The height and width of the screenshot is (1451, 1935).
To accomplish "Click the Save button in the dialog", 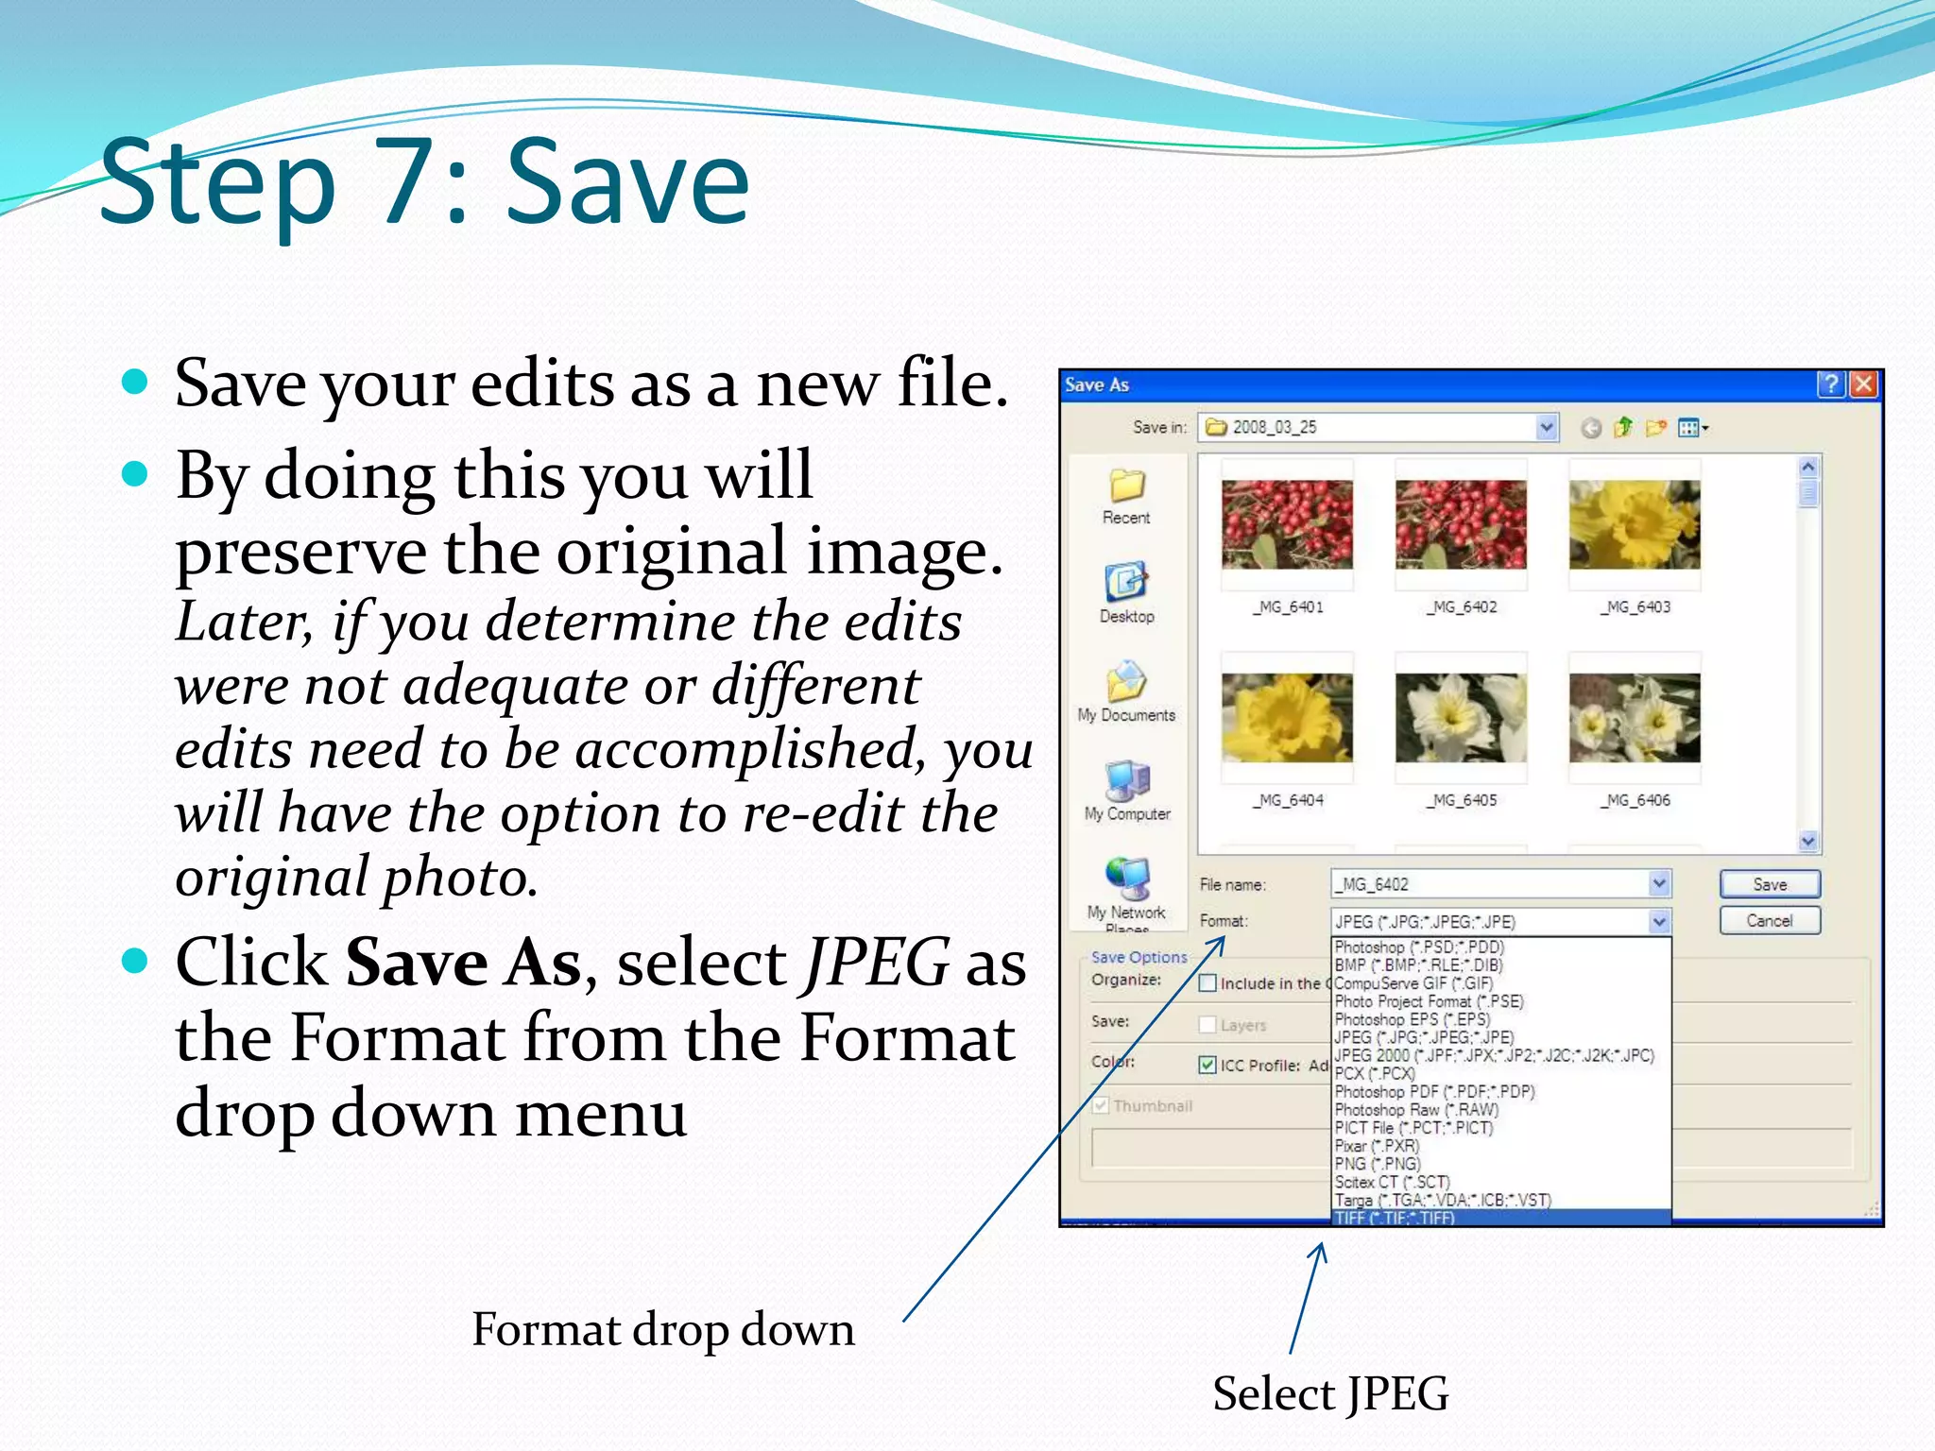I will click(x=1769, y=884).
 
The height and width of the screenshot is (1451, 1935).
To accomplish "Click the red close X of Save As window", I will click(x=1864, y=384).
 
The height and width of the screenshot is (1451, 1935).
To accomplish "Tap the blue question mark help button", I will click(x=1831, y=384).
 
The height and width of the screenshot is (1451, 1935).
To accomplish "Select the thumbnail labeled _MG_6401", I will click(x=1287, y=524).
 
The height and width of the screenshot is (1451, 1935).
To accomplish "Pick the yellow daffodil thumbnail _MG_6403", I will click(x=1635, y=524).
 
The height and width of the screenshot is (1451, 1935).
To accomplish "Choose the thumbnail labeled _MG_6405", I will click(x=1461, y=718).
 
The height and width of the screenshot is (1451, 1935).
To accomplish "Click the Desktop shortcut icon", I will click(x=1126, y=583).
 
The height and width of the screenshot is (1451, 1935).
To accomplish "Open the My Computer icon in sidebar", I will click(x=1127, y=780).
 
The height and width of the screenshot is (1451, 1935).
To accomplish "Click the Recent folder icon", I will click(x=1126, y=486).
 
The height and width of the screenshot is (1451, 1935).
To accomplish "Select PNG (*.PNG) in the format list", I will click(x=1378, y=1164).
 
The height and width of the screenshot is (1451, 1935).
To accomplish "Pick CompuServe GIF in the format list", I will click(x=1413, y=983).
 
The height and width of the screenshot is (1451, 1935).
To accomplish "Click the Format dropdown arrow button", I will click(x=1659, y=921).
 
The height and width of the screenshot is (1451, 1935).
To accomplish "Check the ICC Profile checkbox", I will click(x=1207, y=1065).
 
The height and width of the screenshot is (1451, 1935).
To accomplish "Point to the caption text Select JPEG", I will click(x=1330, y=1393).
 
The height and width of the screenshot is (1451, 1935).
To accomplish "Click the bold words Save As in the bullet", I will click(x=463, y=964).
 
